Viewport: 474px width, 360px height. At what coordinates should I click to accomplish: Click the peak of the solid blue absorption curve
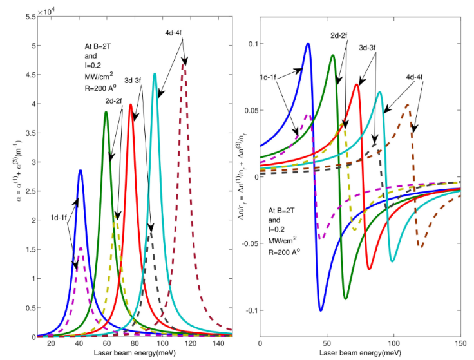pos(81,171)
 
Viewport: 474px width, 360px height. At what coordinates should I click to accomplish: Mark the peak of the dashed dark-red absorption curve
pos(185,62)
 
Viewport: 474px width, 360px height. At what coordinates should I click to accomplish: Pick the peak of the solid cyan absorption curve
pos(155,73)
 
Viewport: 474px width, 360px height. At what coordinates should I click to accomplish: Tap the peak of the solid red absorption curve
pos(131,104)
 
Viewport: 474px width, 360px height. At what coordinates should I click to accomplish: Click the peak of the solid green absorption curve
pos(106,112)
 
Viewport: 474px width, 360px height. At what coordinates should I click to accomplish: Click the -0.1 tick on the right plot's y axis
pos(248,310)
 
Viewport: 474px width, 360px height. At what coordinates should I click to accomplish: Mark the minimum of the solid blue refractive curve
pos(321,310)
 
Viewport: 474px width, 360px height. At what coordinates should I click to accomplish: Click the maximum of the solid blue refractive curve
pos(308,44)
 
